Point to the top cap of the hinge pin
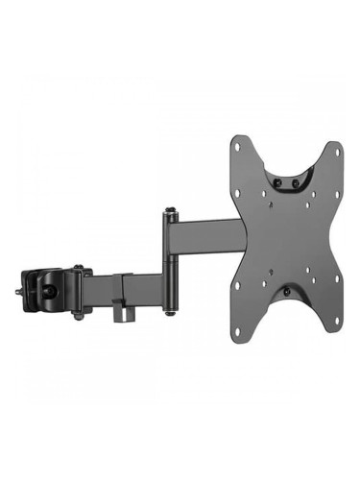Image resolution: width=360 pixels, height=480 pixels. coord(171,208)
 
